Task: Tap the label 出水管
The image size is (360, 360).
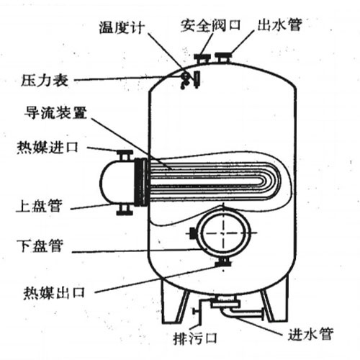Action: (x=279, y=24)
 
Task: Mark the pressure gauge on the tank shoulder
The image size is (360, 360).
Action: (x=186, y=78)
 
